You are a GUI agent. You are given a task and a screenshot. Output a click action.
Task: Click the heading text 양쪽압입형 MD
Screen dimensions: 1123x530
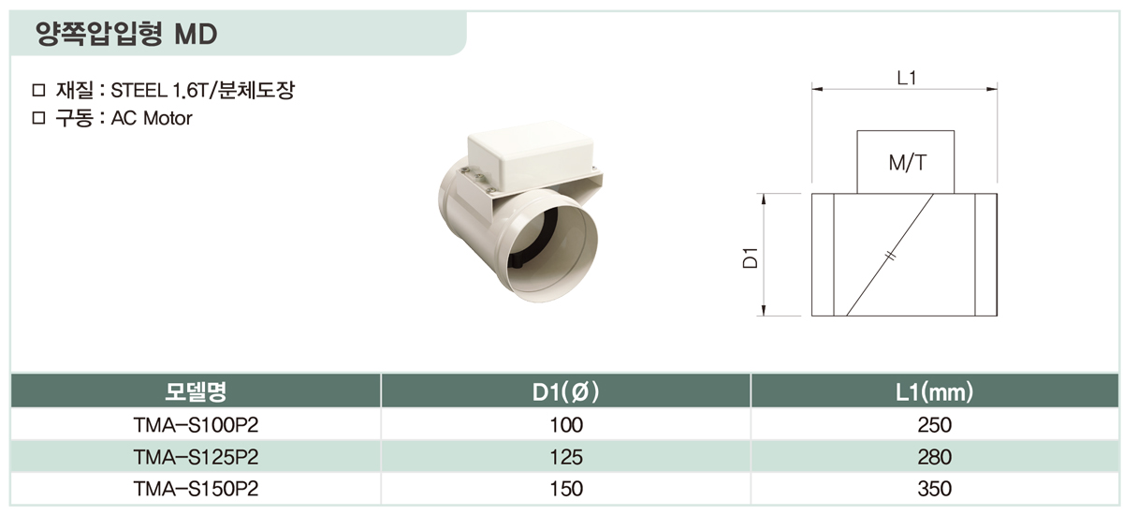pos(126,34)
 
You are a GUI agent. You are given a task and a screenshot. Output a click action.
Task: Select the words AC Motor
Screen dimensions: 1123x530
pos(152,118)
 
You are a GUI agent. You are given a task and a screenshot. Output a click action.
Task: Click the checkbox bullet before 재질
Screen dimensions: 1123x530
pos(38,90)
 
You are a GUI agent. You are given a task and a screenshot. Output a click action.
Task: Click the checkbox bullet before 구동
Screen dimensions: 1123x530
pos(38,118)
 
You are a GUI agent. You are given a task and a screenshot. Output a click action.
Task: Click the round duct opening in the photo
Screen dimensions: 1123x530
pos(551,251)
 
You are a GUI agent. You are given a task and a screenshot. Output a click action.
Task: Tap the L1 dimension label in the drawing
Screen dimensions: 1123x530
pos(907,78)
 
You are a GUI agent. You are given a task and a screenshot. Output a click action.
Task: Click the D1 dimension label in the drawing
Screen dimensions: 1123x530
pos(750,258)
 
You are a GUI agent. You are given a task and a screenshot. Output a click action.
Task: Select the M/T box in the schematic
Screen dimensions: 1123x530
pos(906,162)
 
